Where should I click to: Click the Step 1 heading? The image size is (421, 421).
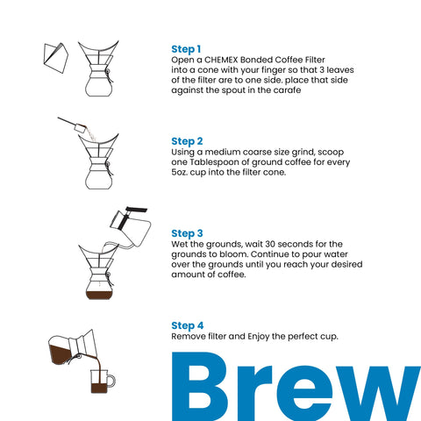point(187,49)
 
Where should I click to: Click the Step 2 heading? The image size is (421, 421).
point(188,141)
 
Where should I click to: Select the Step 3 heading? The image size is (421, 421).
point(188,233)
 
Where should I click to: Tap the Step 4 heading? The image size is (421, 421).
point(188,325)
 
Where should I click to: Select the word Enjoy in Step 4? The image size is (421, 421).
point(260,336)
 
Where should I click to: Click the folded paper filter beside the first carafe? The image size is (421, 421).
point(54,54)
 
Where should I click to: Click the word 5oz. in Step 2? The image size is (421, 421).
point(182,172)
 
